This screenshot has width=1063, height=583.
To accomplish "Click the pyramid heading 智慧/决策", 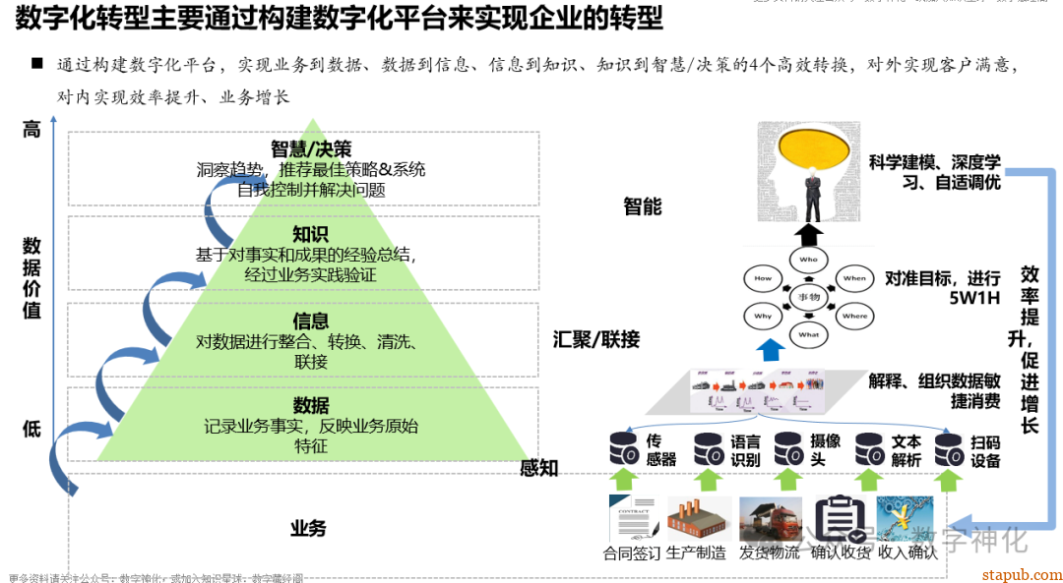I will [x=311, y=149].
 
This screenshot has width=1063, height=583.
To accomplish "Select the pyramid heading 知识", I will [x=311, y=234].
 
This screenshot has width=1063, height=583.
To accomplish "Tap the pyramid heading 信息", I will [x=311, y=321].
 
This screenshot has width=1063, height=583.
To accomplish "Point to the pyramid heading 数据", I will [x=311, y=405].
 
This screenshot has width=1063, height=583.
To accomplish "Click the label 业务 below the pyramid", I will [x=308, y=528].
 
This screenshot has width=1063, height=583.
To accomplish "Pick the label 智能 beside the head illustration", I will [x=643, y=206].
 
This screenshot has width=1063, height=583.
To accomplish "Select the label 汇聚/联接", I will [x=596, y=340].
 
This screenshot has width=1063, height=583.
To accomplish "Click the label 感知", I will [x=539, y=468].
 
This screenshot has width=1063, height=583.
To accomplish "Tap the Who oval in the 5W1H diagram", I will [x=808, y=260].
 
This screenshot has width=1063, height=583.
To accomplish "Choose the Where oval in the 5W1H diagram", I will [x=854, y=317].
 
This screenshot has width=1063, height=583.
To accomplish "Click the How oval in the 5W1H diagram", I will [x=763, y=278].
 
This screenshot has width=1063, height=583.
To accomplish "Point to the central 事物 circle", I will [x=808, y=297].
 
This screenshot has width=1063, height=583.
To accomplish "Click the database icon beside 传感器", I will [x=623, y=449].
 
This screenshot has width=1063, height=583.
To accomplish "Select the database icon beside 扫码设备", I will [x=949, y=449].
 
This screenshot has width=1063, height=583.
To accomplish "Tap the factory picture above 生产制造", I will [x=700, y=519].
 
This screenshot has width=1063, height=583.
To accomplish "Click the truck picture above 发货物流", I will [x=771, y=519].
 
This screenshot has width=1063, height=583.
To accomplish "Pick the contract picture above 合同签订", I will [x=633, y=519].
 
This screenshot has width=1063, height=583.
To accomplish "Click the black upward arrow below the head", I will [x=808, y=234].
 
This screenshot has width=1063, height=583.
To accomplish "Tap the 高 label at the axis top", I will [x=31, y=129].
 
